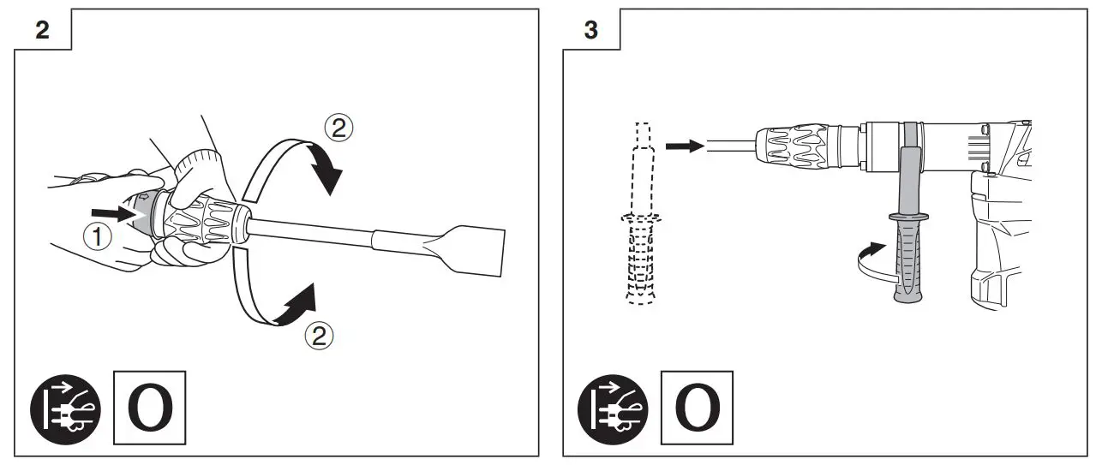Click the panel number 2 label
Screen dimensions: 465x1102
[41, 31]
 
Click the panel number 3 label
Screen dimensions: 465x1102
[590, 31]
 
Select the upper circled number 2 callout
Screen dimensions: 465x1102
[338, 128]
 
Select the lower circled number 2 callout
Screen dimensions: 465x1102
[320, 337]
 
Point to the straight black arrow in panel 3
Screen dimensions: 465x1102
[684, 146]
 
